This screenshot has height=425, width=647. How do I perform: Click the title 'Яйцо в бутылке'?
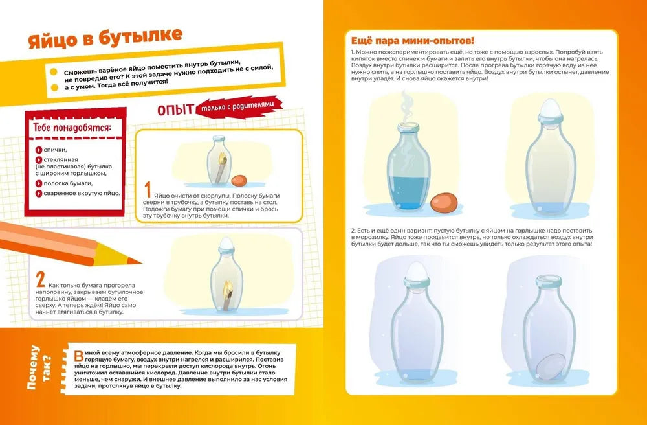105,38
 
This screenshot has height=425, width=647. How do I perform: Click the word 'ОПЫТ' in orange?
176,110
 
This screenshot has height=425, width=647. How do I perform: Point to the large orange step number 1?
148,190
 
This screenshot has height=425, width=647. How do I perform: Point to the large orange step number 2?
40,280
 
